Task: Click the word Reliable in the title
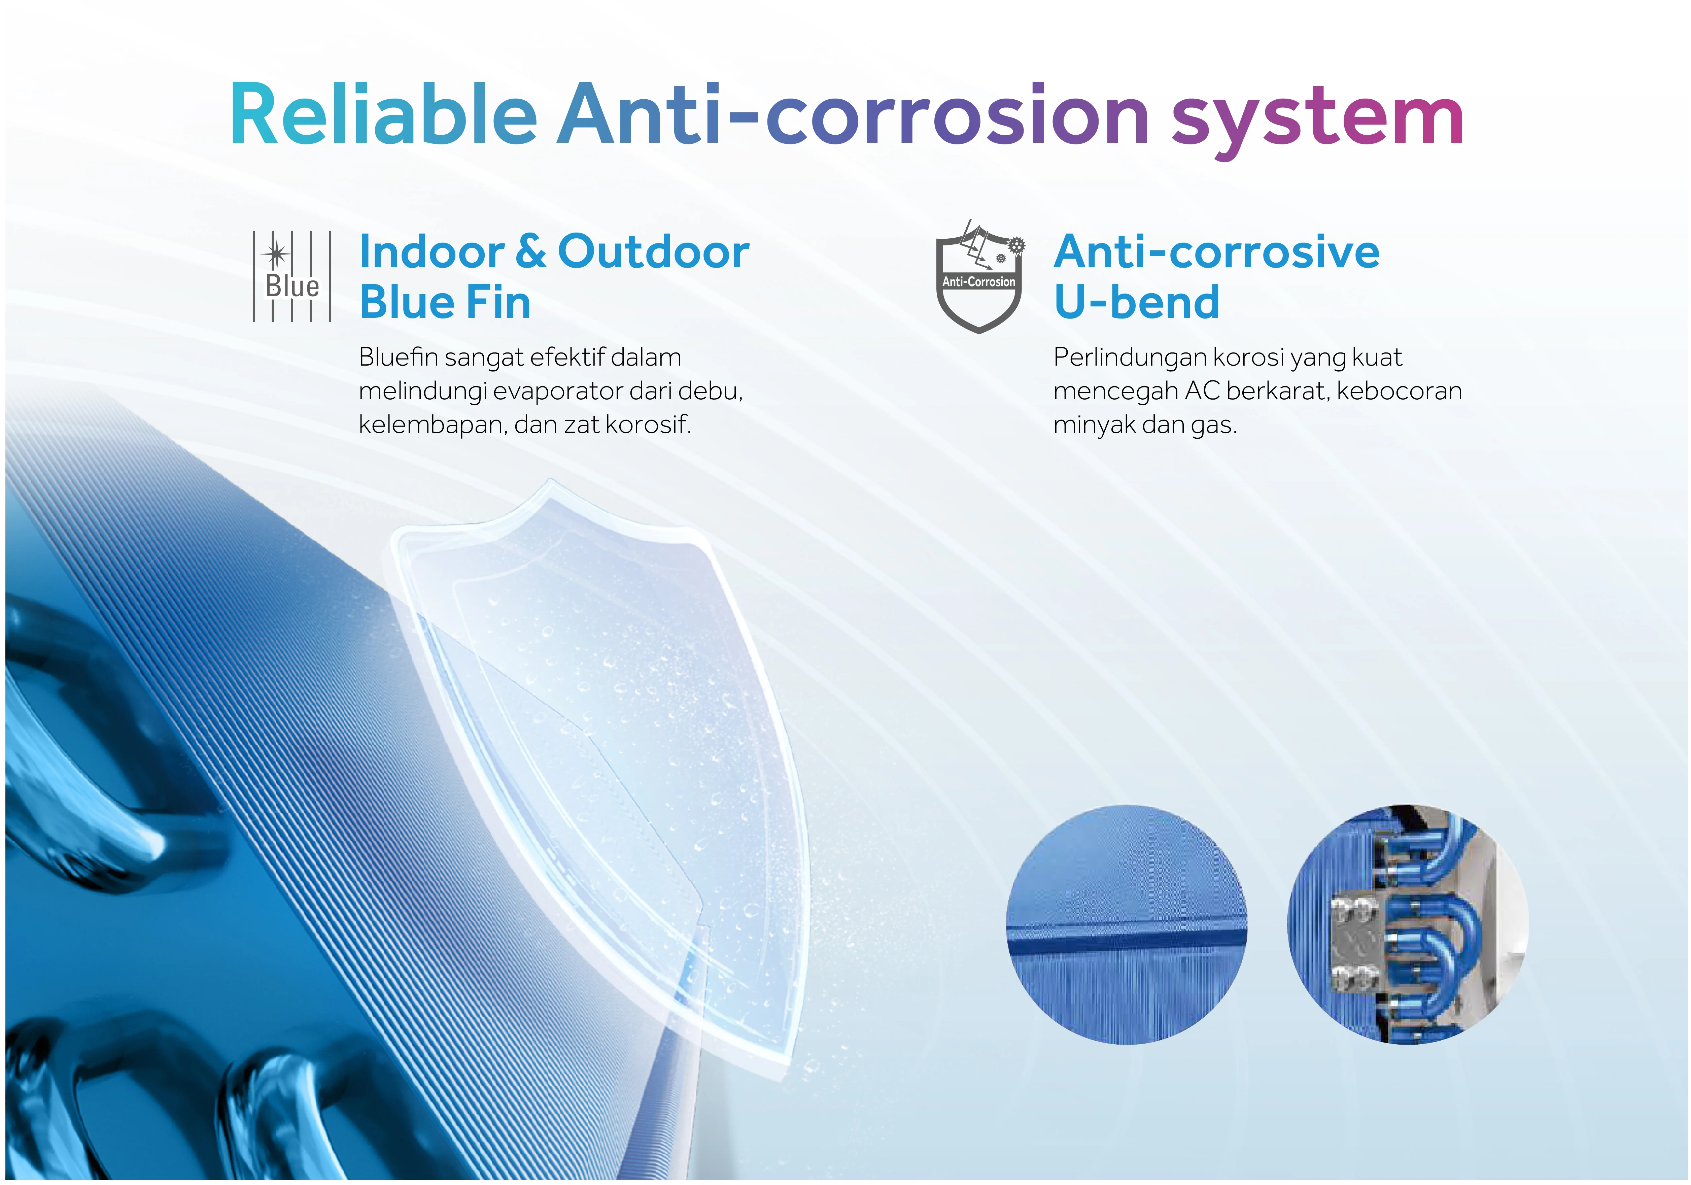pyautogui.click(x=384, y=115)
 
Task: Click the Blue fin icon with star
pyautogui.click(x=292, y=276)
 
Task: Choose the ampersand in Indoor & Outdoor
pyautogui.click(x=530, y=251)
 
